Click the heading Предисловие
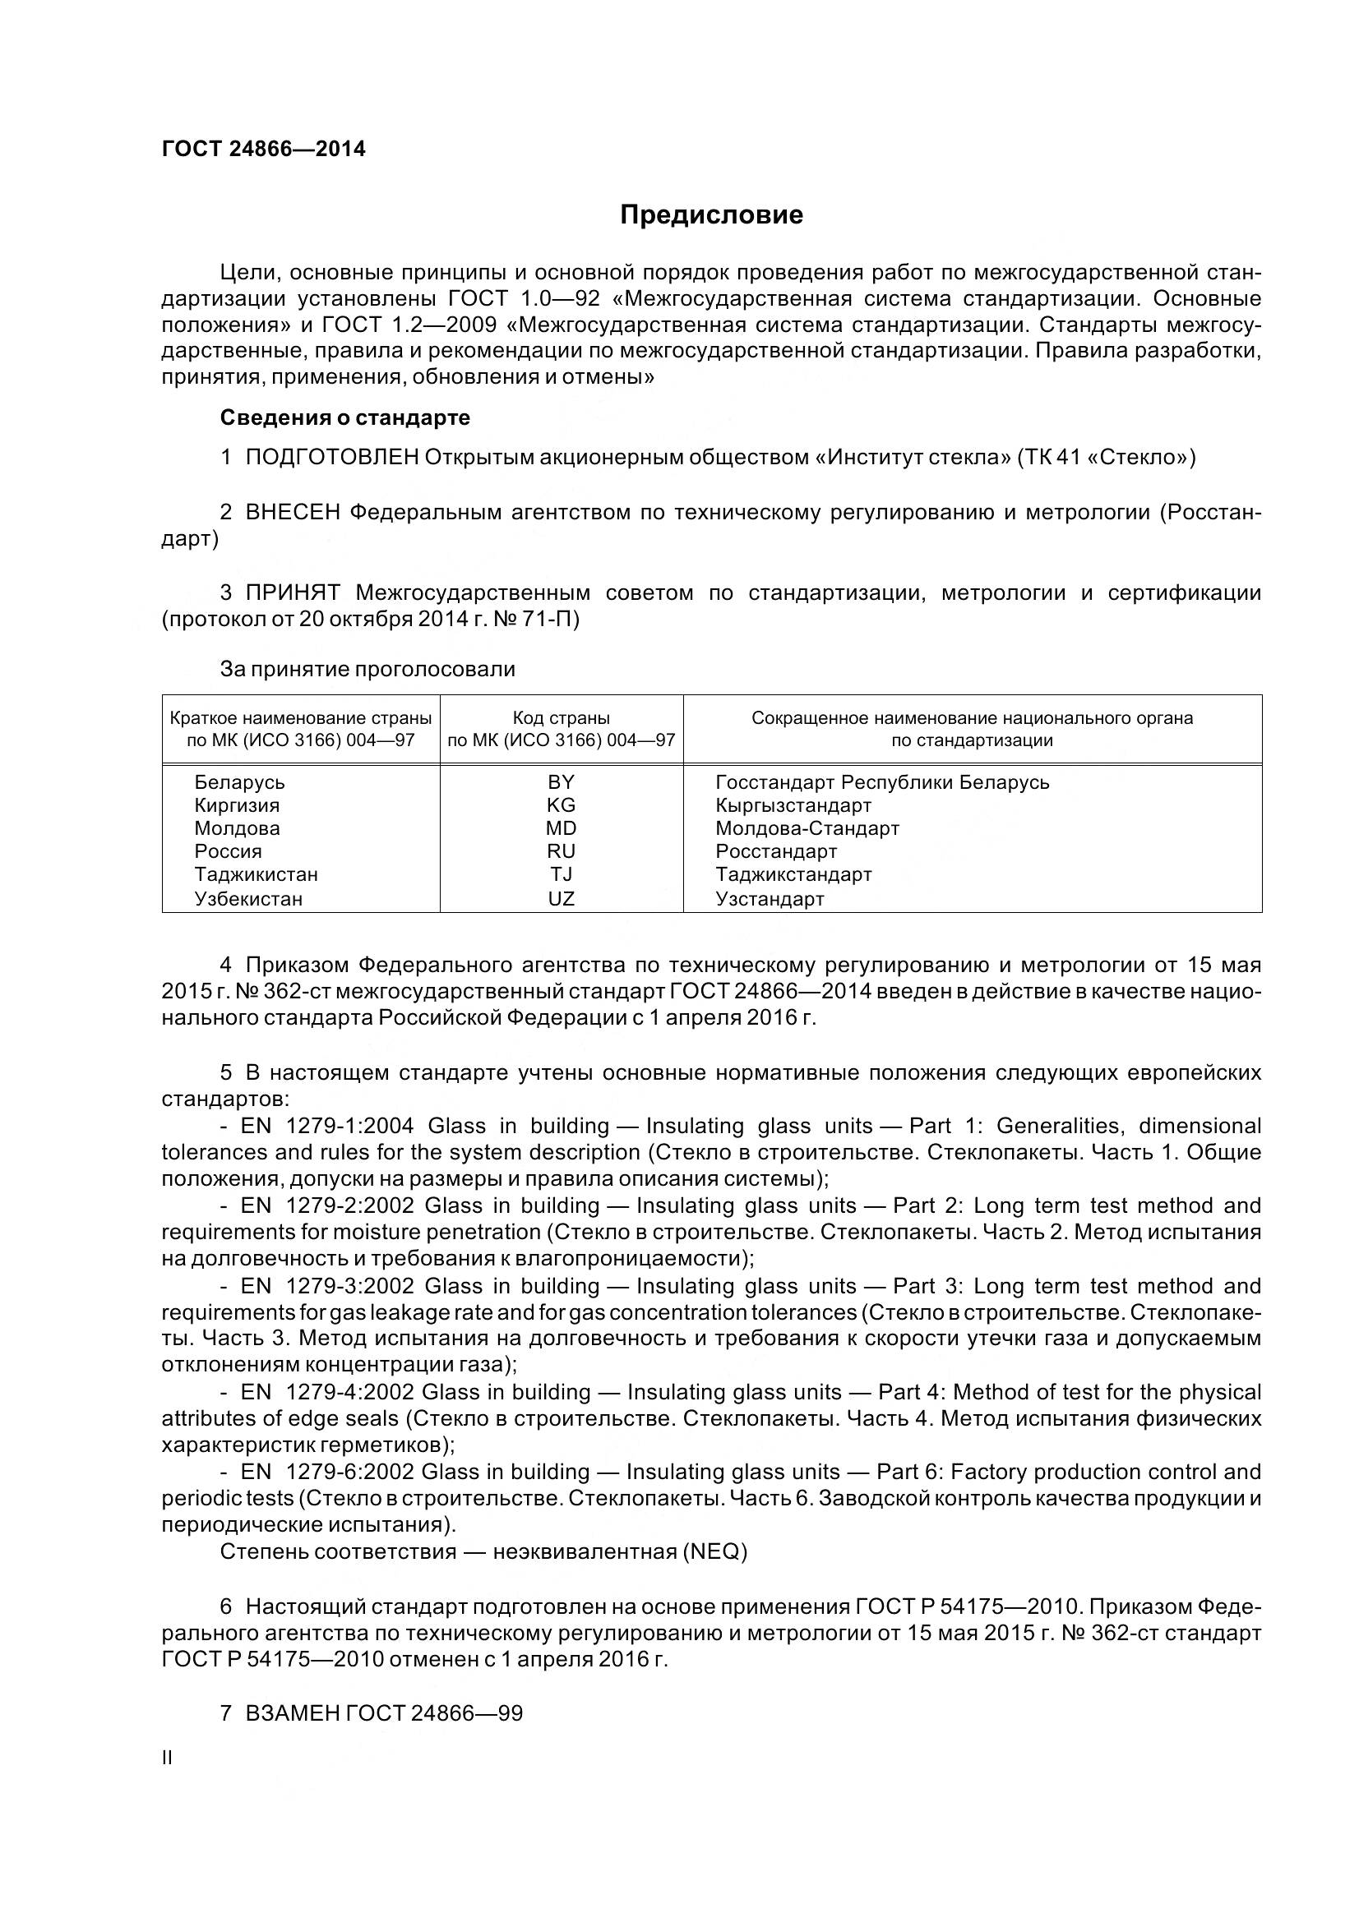(x=711, y=215)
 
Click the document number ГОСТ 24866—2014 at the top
(x=264, y=150)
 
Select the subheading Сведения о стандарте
(x=344, y=417)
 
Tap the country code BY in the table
(x=561, y=781)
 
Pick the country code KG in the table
(x=561, y=805)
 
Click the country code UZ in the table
(x=561, y=899)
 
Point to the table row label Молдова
(x=237, y=829)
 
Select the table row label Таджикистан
(x=257, y=875)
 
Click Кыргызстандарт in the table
(x=793, y=805)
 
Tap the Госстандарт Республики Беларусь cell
(x=881, y=781)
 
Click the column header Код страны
(x=561, y=718)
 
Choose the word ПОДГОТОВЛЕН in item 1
(x=331, y=457)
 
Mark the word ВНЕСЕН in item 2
(x=292, y=512)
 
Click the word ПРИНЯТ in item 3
(x=292, y=593)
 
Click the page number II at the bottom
(x=167, y=1758)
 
